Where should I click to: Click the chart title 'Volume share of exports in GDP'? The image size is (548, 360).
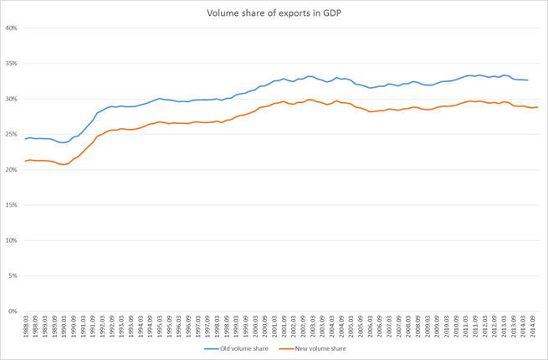coord(274,13)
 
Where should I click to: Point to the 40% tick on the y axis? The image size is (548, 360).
coord(12,28)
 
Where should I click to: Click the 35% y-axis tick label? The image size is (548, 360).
coord(12,64)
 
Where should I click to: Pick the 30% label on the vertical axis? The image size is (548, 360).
coord(12,99)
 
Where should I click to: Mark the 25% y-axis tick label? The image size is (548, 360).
coord(12,134)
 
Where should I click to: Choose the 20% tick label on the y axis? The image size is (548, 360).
coord(12,170)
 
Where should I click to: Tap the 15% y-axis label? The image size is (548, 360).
coord(12,205)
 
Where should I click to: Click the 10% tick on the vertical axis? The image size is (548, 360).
coord(12,240)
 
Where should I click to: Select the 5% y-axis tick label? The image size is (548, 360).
coord(13,276)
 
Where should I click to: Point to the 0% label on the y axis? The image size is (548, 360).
coord(13,311)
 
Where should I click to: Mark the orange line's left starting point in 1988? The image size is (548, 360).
coord(26,161)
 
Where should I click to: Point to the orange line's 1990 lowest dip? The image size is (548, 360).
coord(64,164)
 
